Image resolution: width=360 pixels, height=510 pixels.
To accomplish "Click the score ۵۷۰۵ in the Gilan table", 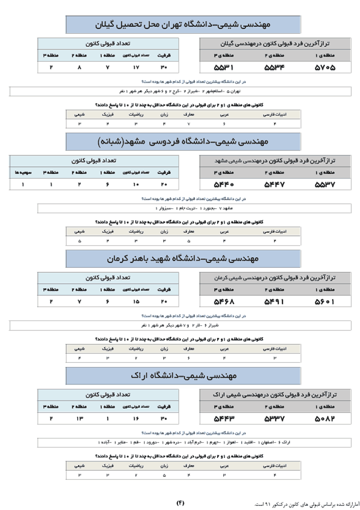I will point(324,67).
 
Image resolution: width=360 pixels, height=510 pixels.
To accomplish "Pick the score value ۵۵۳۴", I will point(274,67).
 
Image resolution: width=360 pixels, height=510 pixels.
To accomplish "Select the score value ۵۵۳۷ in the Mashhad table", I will point(324,184).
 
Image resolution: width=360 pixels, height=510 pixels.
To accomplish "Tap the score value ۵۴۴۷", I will point(274,184).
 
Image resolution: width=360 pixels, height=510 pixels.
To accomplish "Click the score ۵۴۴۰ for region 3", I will point(224,184).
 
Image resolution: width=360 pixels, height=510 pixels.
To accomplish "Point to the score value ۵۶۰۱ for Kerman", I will point(324,302).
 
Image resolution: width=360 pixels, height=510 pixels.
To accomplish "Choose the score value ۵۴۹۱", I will point(274,302).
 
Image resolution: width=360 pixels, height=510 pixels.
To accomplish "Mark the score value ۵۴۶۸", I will point(224,302).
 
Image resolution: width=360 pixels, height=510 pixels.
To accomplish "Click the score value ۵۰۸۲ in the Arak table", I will point(324,418).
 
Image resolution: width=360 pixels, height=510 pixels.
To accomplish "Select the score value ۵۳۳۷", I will point(274,418).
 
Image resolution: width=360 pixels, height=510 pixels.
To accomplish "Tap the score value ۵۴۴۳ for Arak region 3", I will point(224,418).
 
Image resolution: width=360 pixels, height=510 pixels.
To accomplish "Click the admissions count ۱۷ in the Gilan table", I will point(136,67).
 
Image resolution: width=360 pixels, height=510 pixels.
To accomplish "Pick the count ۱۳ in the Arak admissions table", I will point(79,418).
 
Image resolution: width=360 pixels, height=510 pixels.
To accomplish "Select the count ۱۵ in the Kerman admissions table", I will point(136,302).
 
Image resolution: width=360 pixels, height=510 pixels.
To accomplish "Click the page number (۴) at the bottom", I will point(180,502).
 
